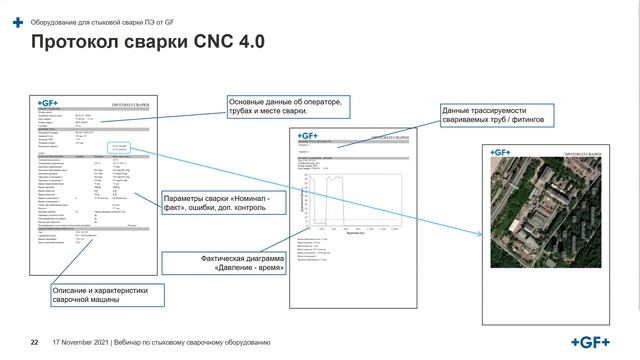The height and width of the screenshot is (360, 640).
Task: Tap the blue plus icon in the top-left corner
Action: [13, 21]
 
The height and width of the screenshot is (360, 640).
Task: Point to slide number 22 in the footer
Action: [34, 343]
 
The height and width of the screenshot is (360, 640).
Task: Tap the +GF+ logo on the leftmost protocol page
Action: [50, 103]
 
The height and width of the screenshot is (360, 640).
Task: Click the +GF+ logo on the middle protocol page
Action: [307, 136]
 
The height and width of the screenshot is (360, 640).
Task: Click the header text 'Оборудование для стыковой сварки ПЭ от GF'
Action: [95, 21]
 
